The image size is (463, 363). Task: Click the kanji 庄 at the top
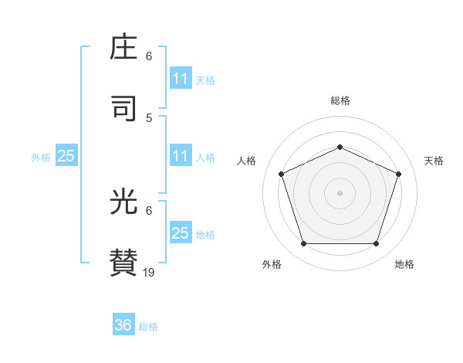coord(125,49)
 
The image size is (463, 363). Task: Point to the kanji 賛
coord(125,263)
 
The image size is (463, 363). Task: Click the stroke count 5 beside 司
coord(149,118)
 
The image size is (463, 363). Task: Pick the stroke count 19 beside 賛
coord(149,272)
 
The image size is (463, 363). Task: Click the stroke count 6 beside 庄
coord(149,56)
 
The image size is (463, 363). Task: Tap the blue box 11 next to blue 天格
coord(181,79)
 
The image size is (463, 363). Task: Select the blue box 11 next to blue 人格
coord(181,156)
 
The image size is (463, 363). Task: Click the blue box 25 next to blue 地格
coord(181,233)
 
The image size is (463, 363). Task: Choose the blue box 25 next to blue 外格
coord(66,156)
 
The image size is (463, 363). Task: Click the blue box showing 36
coord(123,325)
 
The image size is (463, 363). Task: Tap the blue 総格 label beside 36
coord(148,327)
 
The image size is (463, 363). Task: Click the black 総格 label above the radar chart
coord(340,100)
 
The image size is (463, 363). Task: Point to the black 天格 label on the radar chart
coord(434,161)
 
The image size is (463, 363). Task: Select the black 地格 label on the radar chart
coord(404,264)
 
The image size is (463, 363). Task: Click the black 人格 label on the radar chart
coord(247,161)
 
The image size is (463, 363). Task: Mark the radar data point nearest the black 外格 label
coord(303,244)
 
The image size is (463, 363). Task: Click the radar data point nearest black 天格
coord(399,174)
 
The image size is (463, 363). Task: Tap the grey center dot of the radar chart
coord(340,193)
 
